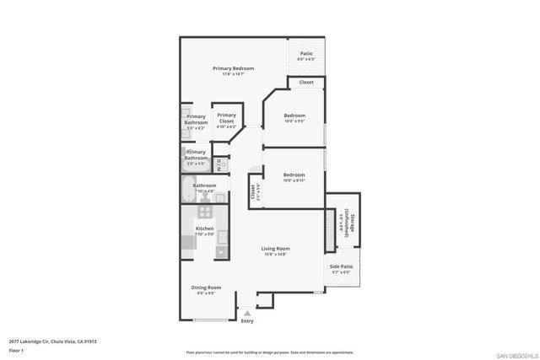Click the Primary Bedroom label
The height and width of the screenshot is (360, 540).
pos(233,68)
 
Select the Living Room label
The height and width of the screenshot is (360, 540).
pos(275,248)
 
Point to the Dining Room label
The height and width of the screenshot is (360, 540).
pos(206,287)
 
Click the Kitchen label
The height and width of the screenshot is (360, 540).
pos(204,228)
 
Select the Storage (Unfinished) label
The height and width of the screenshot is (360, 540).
pos(348,226)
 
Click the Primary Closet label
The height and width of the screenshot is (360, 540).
pos(226,119)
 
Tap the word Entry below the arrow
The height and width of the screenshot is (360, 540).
pos(247,321)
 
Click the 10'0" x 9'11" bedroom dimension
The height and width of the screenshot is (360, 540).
pos(294,180)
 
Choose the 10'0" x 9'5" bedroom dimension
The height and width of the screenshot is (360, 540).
pos(294,121)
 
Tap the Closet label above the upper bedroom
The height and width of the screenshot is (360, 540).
pos(305,83)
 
